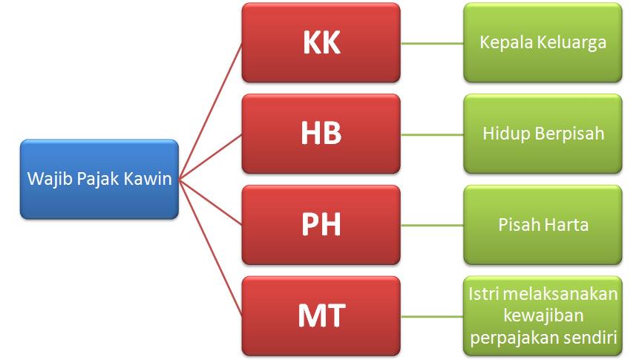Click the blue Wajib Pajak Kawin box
click(x=99, y=179)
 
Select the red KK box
click(x=321, y=42)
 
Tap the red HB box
click(x=321, y=134)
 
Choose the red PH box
click(x=321, y=225)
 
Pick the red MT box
click(x=321, y=315)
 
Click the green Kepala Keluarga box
click(x=543, y=42)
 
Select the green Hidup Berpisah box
click(x=543, y=134)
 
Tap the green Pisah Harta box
click(x=543, y=225)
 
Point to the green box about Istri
click(x=543, y=315)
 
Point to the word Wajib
click(x=45, y=179)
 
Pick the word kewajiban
click(x=543, y=315)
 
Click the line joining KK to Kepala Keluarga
click(x=432, y=43)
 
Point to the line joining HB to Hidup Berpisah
click(x=432, y=134)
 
